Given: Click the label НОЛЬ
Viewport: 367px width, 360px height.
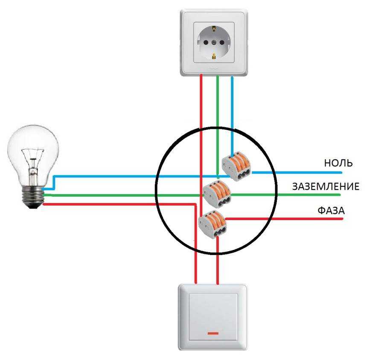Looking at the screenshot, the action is (x=338, y=163).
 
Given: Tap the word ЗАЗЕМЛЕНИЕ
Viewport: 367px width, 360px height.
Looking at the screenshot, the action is (x=326, y=186).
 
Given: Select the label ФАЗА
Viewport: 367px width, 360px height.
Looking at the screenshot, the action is (x=331, y=211).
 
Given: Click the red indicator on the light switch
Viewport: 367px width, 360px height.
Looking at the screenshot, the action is (x=213, y=333).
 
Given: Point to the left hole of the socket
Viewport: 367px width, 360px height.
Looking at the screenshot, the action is (x=206, y=43).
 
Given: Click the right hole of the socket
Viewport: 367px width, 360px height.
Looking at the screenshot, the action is (x=221, y=43).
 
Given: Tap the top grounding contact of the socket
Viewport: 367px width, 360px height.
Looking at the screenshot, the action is (x=214, y=29).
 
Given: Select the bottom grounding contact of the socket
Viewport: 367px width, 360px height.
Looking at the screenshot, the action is (x=214, y=56).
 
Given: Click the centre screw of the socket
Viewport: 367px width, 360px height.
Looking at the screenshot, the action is (x=214, y=43).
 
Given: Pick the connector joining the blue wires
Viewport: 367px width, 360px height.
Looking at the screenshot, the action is (x=236, y=166).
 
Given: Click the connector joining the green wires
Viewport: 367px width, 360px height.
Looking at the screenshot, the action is (x=217, y=194).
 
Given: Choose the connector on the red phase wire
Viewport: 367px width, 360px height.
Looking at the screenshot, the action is (x=212, y=224).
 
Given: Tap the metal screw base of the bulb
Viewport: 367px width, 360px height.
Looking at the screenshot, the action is (x=33, y=197).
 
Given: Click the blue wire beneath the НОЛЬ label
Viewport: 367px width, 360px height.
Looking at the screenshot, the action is (x=297, y=173).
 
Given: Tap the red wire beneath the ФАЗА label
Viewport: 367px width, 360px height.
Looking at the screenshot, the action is (x=284, y=219).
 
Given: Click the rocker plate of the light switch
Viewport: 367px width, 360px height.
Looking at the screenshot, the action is (x=213, y=317).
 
